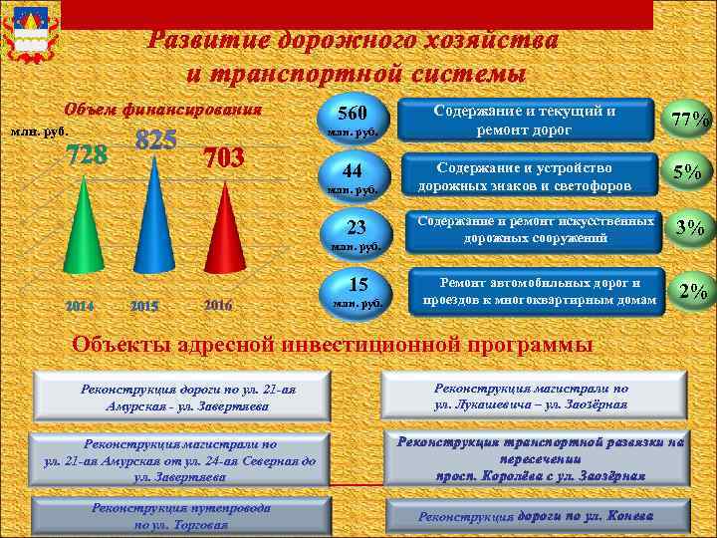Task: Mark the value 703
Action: pos(223,158)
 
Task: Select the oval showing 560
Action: pos(355,121)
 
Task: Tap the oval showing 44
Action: pos(355,174)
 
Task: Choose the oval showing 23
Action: pos(355,230)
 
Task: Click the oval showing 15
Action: pos(355,289)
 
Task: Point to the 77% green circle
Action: pos(690,120)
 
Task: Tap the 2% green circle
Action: pos(690,291)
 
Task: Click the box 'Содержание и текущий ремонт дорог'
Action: pos(525,121)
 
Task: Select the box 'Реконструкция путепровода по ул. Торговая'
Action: pos(180,515)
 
